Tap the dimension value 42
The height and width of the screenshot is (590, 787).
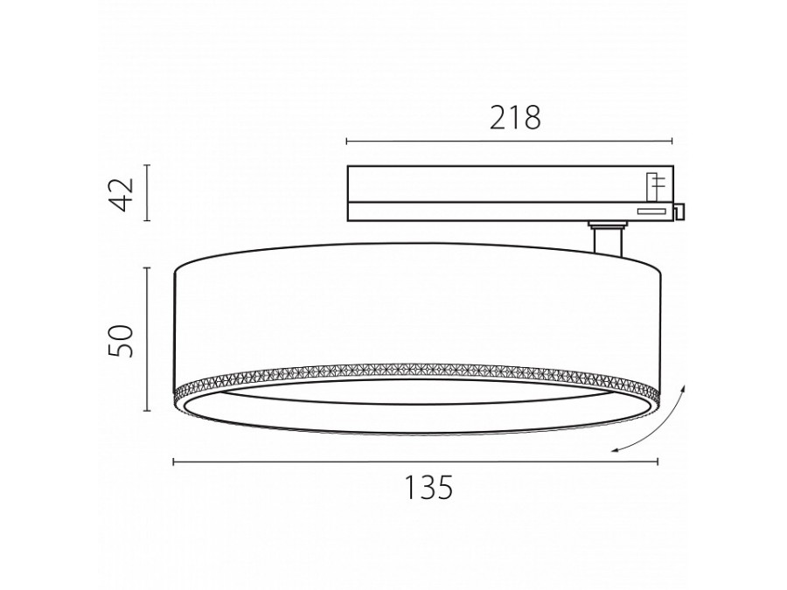[123, 193]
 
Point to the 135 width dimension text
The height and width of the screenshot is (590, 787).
[428, 487]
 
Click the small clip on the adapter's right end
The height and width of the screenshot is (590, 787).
[679, 211]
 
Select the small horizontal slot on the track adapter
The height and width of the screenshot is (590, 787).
[650, 211]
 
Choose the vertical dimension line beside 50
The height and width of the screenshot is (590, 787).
[145, 339]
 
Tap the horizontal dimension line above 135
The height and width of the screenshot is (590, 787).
[415, 462]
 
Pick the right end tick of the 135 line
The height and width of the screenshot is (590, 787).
[658, 462]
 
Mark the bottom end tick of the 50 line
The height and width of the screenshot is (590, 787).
[145, 411]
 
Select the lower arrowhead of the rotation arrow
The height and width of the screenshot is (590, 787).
[615, 449]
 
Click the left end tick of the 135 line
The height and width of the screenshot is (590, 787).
[173, 462]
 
